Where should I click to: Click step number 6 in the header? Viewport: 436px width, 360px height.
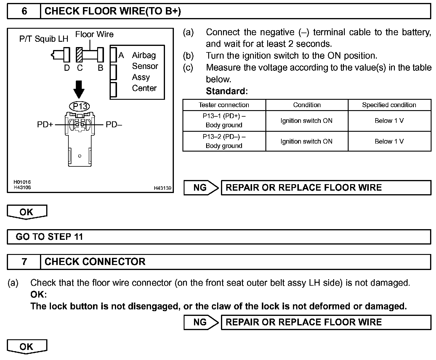(x=24, y=11)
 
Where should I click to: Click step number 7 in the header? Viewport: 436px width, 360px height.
(x=24, y=262)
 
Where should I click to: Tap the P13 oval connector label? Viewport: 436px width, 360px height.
(x=79, y=106)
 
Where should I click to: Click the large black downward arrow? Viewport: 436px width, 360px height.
(x=79, y=89)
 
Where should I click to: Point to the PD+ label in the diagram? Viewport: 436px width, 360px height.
(x=45, y=125)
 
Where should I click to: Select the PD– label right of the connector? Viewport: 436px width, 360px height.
(x=114, y=125)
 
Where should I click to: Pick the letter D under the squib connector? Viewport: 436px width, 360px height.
(x=67, y=68)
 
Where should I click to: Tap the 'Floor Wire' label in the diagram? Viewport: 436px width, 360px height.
(x=94, y=34)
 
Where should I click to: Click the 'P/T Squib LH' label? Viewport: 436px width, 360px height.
(x=44, y=39)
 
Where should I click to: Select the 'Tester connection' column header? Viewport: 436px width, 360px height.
(x=224, y=105)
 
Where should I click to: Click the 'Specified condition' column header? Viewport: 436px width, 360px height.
(x=389, y=105)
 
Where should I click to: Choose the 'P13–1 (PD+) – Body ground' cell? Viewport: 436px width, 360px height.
(x=224, y=120)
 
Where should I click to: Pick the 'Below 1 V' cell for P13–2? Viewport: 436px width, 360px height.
(x=389, y=141)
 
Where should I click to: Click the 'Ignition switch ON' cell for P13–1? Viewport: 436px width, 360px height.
(x=307, y=120)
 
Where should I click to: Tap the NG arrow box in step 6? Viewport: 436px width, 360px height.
(x=201, y=188)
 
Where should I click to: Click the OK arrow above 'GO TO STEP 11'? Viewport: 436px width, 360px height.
(x=27, y=212)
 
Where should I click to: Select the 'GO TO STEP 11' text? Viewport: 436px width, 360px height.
(x=49, y=237)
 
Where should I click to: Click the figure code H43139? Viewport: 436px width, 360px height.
(x=162, y=188)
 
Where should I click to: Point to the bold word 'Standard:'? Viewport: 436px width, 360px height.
(x=227, y=91)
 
